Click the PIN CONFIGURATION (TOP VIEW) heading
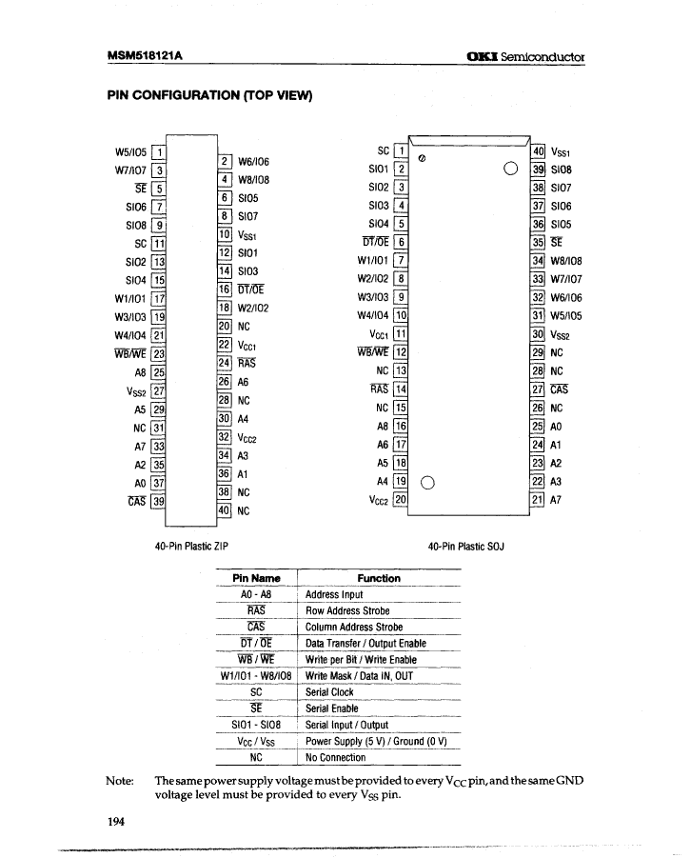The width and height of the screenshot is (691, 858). pyautogui.click(x=209, y=95)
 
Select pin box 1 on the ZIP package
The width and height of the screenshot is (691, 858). pyautogui.click(x=161, y=151)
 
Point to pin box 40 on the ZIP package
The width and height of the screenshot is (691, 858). pyautogui.click(x=225, y=510)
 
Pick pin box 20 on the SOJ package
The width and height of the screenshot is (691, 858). pyautogui.click(x=401, y=500)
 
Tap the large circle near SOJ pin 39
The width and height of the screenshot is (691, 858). pyautogui.click(x=511, y=170)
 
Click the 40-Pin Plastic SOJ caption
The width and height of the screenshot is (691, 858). pyautogui.click(x=465, y=547)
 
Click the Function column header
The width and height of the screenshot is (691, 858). pyautogui.click(x=378, y=578)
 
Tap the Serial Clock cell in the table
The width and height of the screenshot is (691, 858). pyautogui.click(x=329, y=692)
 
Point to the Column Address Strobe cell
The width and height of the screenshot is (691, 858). pyautogui.click(x=353, y=628)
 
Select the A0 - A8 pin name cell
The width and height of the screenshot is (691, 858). pyautogui.click(x=256, y=595)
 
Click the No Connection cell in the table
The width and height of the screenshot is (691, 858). pyautogui.click(x=335, y=758)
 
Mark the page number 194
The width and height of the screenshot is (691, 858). pyautogui.click(x=116, y=822)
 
